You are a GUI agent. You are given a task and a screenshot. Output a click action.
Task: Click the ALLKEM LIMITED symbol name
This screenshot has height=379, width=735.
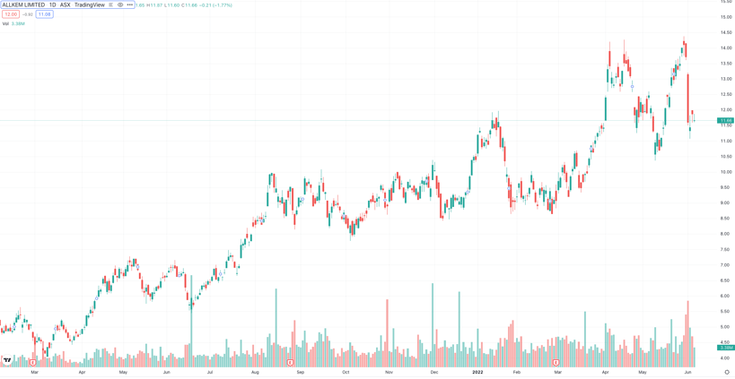pos(23,4)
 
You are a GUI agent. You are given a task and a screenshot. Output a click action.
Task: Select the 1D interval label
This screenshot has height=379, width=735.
pos(52,4)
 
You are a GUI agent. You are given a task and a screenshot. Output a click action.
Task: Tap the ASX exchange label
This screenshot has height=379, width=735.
pos(66,4)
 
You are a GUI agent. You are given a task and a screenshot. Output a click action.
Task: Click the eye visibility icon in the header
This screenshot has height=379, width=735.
pos(120,4)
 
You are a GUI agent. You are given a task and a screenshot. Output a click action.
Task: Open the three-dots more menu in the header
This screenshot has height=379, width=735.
pos(130,4)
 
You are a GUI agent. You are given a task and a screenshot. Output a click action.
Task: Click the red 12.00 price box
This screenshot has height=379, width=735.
pos(11,14)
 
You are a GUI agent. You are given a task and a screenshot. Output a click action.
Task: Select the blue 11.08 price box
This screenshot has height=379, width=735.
pos(44,14)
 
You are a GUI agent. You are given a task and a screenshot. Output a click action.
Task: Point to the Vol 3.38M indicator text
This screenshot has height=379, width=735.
pos(13,24)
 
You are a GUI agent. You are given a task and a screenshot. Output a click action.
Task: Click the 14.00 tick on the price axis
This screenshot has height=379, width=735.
pos(725,47)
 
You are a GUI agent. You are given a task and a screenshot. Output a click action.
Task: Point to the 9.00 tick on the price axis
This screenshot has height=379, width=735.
pos(724,202)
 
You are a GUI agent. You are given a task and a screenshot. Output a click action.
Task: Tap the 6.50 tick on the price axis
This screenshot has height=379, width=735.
pos(724,280)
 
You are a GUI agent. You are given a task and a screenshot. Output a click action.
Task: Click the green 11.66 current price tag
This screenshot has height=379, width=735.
pos(725,120)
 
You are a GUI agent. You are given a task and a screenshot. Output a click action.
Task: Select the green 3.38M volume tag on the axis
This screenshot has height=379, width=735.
pos(726,348)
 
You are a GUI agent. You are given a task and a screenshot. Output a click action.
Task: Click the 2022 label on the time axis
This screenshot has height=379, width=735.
pos(477,372)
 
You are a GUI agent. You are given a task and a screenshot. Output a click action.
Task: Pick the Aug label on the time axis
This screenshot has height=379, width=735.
pos(255,372)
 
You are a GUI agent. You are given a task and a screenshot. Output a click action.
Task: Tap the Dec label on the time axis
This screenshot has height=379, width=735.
pos(434,372)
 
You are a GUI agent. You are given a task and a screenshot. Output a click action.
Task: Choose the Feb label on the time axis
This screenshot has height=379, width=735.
pos(517,372)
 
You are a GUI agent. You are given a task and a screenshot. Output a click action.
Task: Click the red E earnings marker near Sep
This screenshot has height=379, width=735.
pos(290,363)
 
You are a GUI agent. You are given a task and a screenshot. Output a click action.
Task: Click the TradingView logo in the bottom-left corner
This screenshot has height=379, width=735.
pos(7,360)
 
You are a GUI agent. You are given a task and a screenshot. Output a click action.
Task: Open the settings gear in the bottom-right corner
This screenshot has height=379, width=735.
pos(727,372)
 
